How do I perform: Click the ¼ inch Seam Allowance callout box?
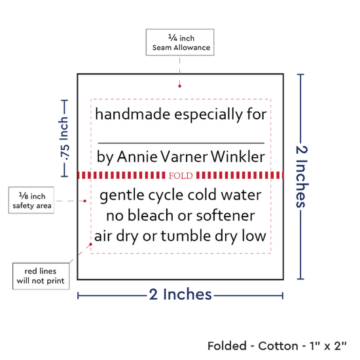point(180,43)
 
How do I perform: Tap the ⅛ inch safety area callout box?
point(31,200)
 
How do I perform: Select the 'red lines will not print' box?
point(41,276)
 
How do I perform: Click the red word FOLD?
point(181,175)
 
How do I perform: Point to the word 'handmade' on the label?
point(133,114)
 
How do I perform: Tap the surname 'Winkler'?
point(238,156)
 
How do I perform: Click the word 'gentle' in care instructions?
point(122,196)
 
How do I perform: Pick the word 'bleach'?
point(151,215)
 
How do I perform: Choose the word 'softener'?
point(225,216)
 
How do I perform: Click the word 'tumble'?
point(185,236)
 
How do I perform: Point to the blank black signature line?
point(181,143)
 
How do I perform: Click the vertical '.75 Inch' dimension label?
point(64,139)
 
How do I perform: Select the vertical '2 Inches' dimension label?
point(302,177)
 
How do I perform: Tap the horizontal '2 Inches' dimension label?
point(181,294)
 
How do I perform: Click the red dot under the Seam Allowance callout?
point(179,86)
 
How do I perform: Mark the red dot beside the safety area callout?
point(84,201)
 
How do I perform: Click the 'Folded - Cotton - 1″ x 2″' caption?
point(277,346)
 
